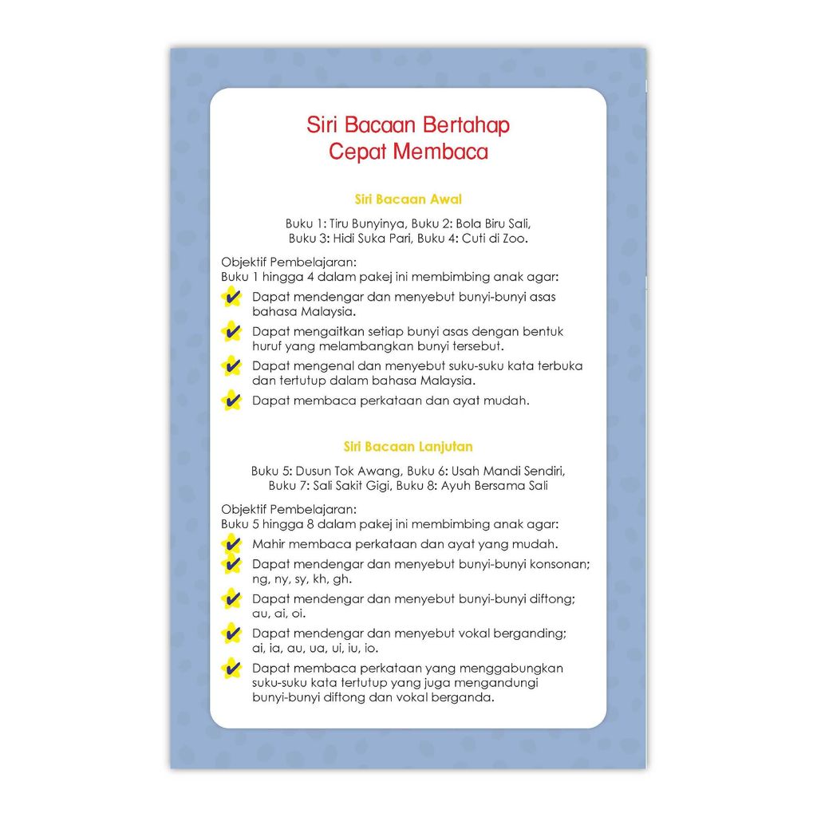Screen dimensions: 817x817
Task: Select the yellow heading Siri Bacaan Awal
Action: [x=408, y=199]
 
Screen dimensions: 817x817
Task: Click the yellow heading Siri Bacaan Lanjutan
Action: [x=408, y=447]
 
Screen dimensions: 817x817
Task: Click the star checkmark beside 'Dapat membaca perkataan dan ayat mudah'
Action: [x=231, y=400]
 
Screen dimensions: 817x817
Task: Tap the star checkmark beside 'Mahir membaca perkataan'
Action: [x=231, y=545]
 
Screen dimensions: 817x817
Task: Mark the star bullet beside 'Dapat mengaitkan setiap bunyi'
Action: [x=231, y=331]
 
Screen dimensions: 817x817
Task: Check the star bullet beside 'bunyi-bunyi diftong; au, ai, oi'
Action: [x=231, y=598]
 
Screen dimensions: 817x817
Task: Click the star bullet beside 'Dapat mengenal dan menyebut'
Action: [x=231, y=366]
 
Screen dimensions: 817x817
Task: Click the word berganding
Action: [x=531, y=633]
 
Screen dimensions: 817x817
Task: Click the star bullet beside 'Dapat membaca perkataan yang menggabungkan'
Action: [x=231, y=669]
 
